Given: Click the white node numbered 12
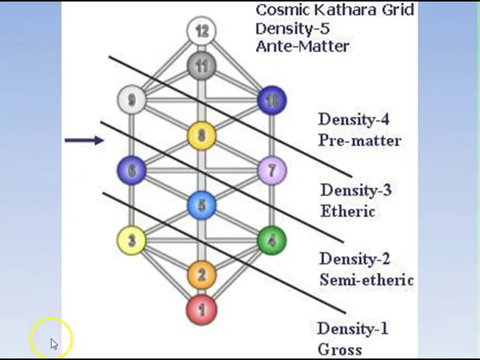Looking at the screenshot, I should coord(201,31).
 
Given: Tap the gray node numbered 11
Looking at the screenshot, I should coord(201,66).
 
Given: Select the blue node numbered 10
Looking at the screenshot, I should coord(271,100).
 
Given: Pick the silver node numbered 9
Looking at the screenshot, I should coord(132,100).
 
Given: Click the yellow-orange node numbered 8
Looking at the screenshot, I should coord(201,136).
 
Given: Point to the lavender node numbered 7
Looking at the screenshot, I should coord(271,171).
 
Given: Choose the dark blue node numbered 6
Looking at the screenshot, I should coord(132,171).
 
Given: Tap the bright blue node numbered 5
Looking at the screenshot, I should coord(201,205).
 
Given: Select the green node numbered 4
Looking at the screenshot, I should coord(271,241).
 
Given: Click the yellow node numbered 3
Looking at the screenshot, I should coord(132,241).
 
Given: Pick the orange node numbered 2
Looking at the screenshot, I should coord(201,274).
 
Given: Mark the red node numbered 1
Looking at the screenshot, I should coord(201,310).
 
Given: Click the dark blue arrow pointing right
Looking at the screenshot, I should coord(84,140).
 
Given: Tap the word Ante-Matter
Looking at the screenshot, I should coord(301,46).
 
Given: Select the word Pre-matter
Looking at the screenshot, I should coord(359,140).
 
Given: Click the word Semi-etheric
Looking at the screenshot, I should coord(366,280).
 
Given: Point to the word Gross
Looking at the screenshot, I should coord(339,349).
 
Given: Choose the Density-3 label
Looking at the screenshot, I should coord(355,190).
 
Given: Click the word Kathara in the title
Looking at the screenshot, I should coord(332,10).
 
